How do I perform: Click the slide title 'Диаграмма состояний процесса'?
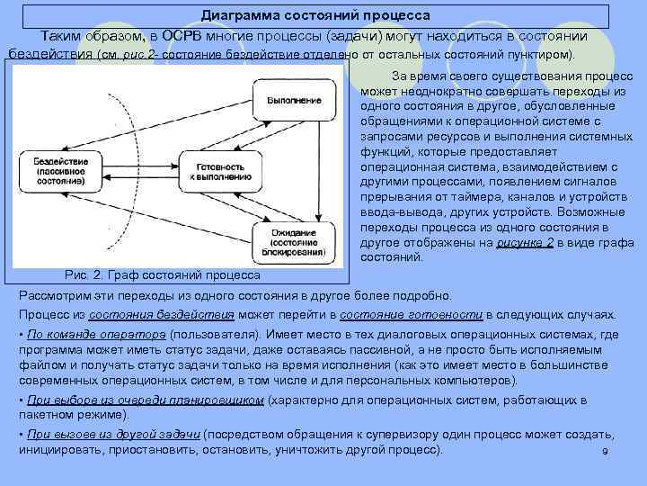[x=315, y=15]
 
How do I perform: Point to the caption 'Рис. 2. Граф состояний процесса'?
[x=164, y=274]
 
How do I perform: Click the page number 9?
[x=605, y=451]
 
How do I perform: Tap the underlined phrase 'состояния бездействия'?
[x=186, y=315]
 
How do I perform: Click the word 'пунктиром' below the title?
[x=541, y=54]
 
